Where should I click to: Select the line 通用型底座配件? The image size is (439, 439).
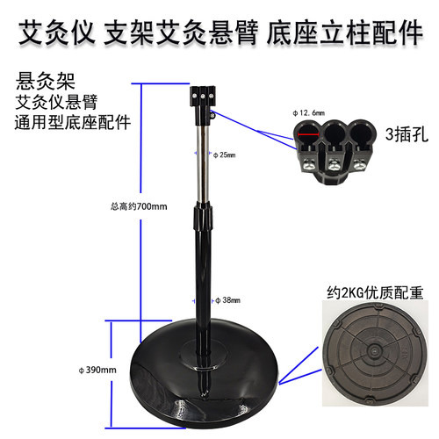tap(72, 122)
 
